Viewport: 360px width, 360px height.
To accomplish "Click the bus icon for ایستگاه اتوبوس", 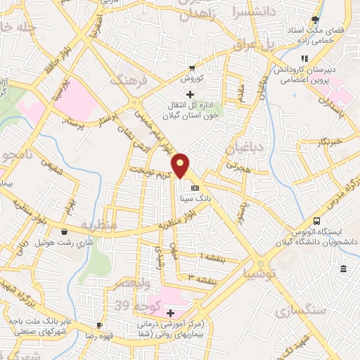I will point(316,220).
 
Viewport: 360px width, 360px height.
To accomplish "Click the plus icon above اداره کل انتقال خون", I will point(188,94).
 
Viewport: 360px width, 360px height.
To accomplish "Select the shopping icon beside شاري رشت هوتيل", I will point(65,231).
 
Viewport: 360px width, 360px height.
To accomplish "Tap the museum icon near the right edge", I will point(342,269).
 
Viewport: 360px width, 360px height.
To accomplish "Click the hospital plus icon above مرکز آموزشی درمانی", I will point(170,311).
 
